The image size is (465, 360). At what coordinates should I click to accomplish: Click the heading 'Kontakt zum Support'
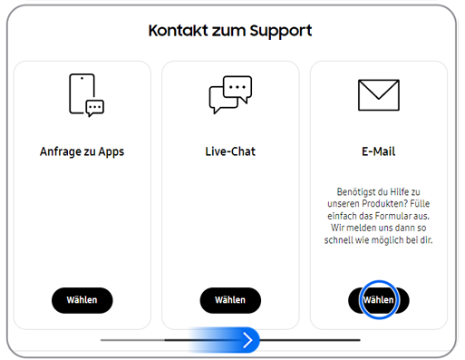pyautogui.click(x=230, y=31)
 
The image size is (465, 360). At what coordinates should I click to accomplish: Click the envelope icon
pyautogui.click(x=379, y=94)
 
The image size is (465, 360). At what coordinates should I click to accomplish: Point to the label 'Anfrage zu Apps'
pyautogui.click(x=82, y=151)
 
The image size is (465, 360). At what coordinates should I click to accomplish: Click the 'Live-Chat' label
pyautogui.click(x=230, y=151)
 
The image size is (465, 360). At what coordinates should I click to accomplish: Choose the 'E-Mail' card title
pyautogui.click(x=378, y=151)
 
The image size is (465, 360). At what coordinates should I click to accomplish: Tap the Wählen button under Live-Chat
pyautogui.click(x=230, y=300)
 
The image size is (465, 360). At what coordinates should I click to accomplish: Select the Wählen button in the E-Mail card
pyautogui.click(x=379, y=300)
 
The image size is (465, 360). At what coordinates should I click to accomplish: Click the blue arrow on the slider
pyautogui.click(x=248, y=340)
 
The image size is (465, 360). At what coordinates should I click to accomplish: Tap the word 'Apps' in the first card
pyautogui.click(x=109, y=151)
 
